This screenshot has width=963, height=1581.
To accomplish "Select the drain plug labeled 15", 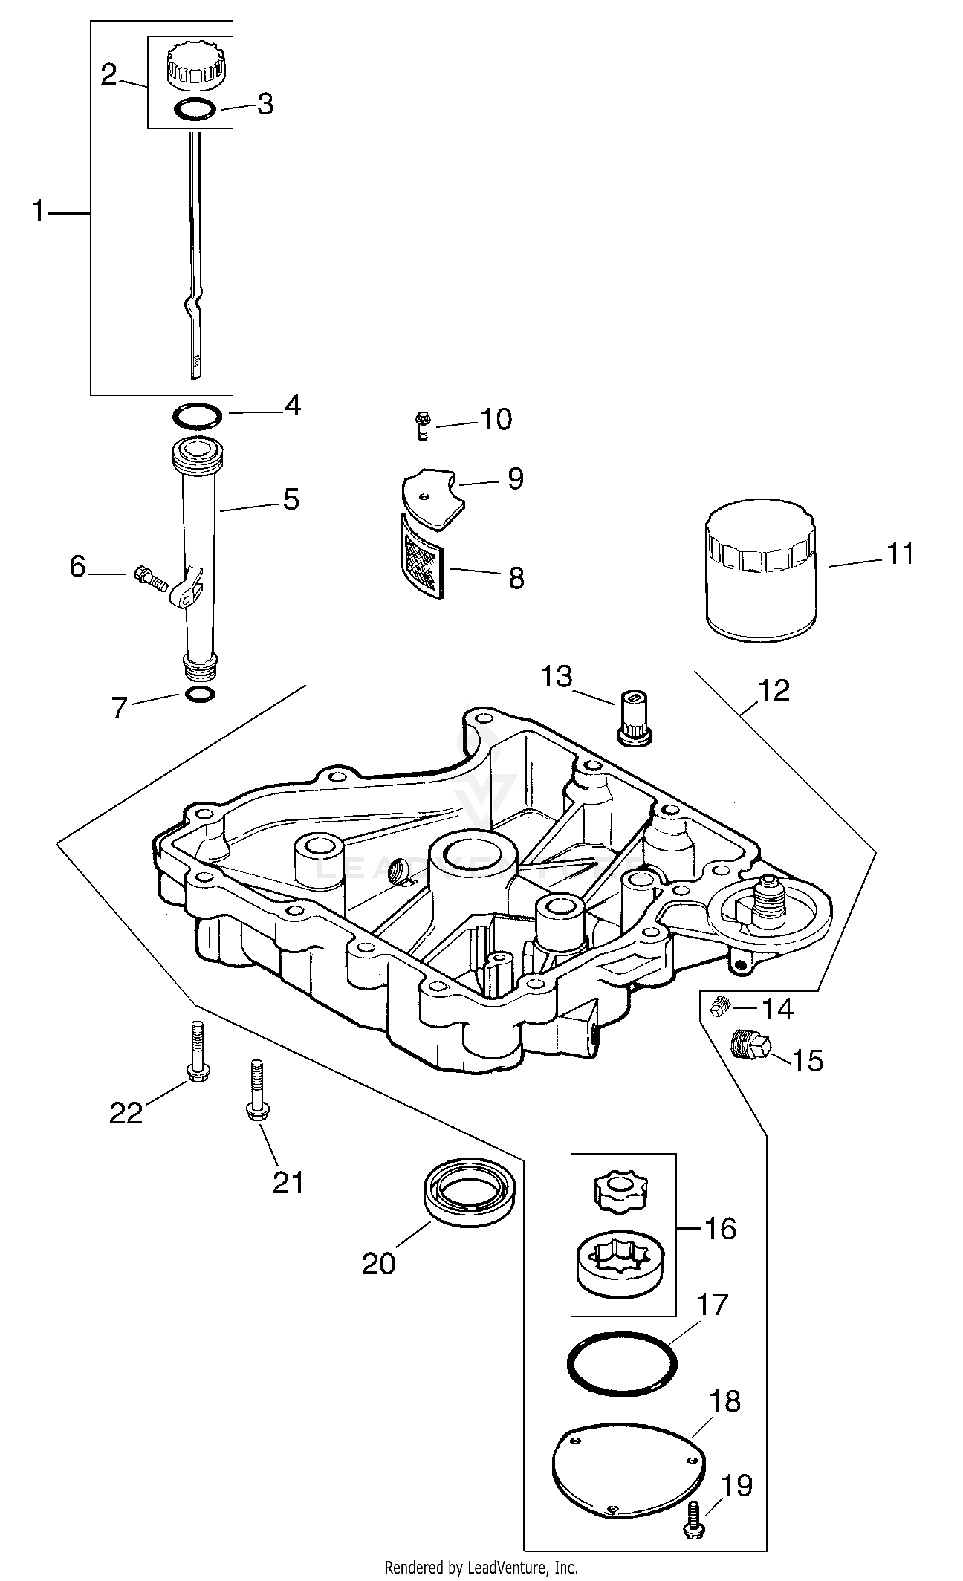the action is pyautogui.click(x=750, y=1045).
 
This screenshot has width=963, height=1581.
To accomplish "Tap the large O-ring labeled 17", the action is pyautogui.click(x=620, y=1357).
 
